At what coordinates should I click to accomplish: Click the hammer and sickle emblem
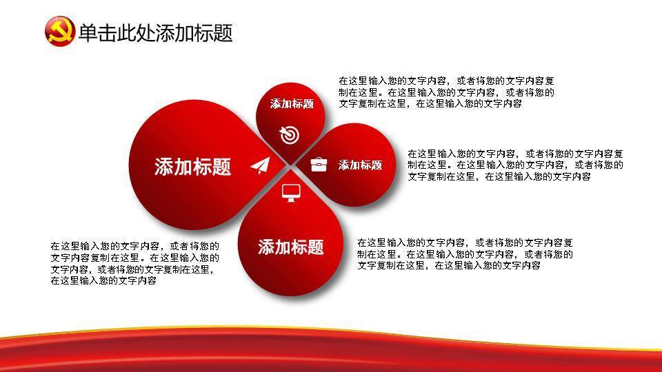pos(59,31)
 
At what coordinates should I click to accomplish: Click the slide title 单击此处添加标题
pos(155,32)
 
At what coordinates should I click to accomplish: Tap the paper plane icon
pos(260,166)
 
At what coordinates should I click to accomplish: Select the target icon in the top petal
pos(290,134)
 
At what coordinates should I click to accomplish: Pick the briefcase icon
pos(319,164)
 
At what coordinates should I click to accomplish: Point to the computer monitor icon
pos(291,193)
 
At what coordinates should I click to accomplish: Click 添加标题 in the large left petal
pos(192,167)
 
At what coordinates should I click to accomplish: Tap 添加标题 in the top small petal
pos(292,104)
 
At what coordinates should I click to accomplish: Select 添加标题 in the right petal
pos(360,165)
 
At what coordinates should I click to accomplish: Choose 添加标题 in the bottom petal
pos(291,247)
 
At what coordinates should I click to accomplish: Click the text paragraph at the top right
pos(446,92)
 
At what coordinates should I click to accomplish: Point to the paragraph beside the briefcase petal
pos(515,165)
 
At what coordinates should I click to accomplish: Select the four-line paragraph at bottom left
pos(134,262)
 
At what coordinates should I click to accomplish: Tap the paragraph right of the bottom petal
pos(465,254)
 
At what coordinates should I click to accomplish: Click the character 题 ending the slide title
pos(223,32)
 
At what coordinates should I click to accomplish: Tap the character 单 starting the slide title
pos(88,32)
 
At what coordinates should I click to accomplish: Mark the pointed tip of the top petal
pos(290,165)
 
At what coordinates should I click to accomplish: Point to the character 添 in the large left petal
pos(164,167)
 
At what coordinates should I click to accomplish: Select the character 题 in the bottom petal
pos(316,247)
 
